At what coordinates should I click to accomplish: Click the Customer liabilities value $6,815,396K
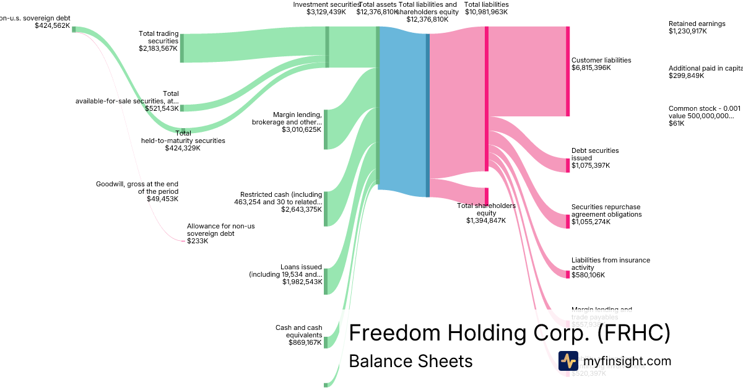[x=591, y=67]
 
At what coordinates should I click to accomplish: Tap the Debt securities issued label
[x=594, y=154]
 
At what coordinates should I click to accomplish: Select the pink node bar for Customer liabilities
[x=568, y=71]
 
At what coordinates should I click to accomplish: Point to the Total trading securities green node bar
[x=182, y=48]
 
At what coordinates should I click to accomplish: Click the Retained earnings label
[x=697, y=24]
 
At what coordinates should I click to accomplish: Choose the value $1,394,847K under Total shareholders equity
[x=486, y=220]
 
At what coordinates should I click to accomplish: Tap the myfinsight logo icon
[x=568, y=361]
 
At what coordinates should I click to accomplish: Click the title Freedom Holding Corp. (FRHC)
[x=510, y=333]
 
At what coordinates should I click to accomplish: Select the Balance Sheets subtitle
[x=411, y=361]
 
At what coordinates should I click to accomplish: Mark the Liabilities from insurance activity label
[x=610, y=264]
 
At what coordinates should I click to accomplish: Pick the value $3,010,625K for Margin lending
[x=302, y=130]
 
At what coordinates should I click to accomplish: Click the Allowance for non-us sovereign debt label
[x=220, y=230]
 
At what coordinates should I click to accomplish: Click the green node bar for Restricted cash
[x=326, y=209]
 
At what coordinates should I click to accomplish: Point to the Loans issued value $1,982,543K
[x=302, y=282]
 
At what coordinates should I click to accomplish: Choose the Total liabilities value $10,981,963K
[x=486, y=12]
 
